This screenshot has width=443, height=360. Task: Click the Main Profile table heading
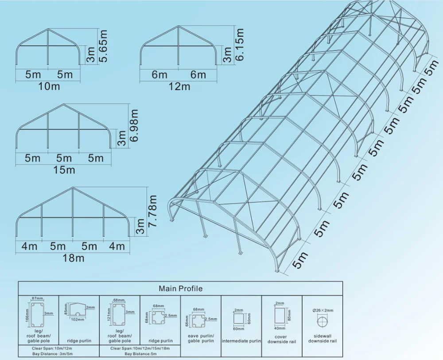pos(180,289)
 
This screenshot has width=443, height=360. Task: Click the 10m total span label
pos(49,86)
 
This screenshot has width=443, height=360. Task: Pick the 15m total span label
pos(64,169)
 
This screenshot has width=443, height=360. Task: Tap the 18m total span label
pos(73,258)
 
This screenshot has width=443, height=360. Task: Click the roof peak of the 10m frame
pos(48,30)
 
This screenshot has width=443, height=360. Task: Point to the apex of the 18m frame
pos(72,188)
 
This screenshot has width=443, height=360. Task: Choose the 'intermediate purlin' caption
pos(241,341)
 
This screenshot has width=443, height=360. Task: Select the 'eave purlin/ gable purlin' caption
pos(201,338)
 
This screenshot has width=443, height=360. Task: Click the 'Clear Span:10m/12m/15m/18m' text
pos(141,348)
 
